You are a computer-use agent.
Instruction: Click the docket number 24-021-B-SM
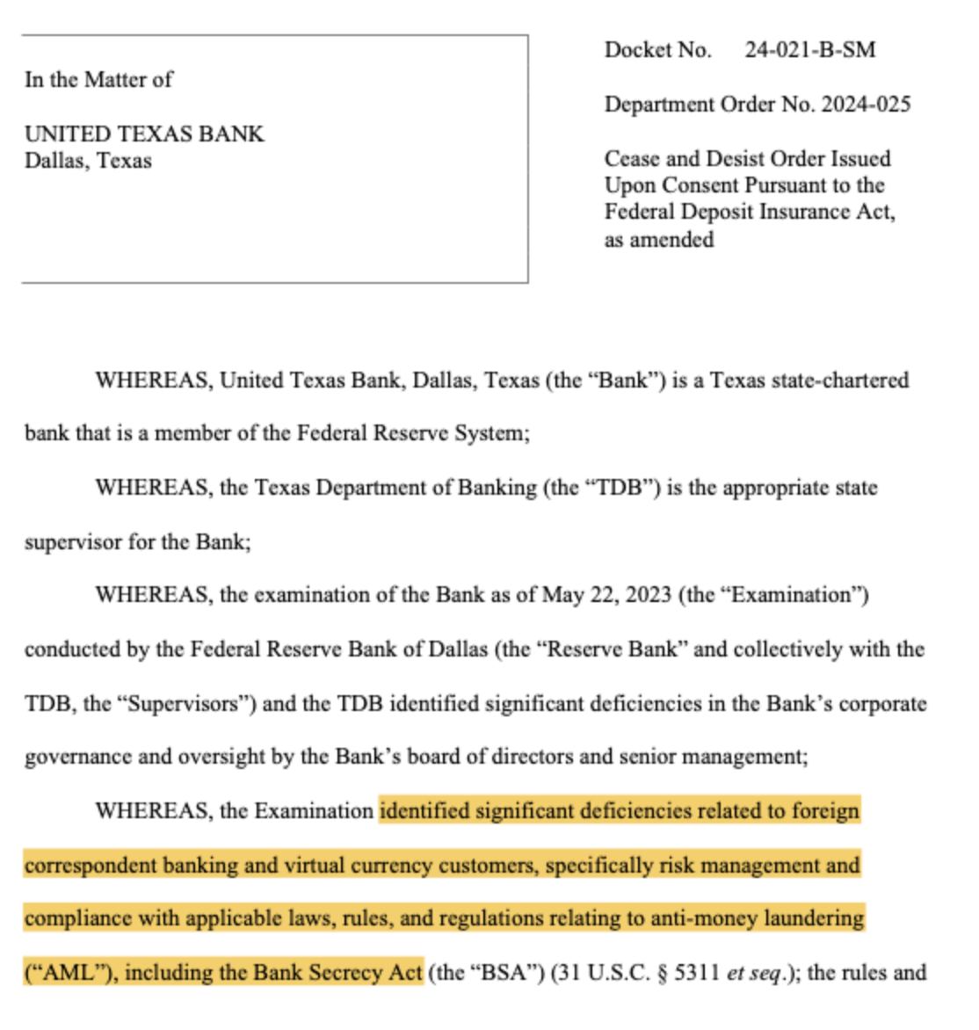click(x=809, y=50)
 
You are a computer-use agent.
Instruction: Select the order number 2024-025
click(x=866, y=105)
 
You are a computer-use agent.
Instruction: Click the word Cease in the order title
click(x=632, y=159)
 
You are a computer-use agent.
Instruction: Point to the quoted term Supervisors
click(x=184, y=704)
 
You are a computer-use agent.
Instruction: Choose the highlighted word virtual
click(x=315, y=866)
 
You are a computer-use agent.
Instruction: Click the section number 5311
click(x=697, y=973)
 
